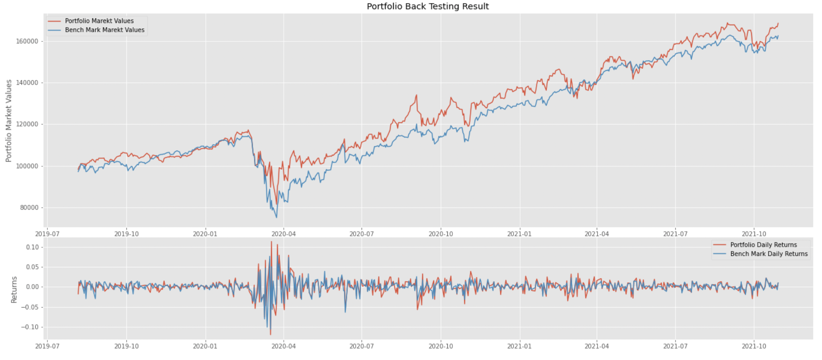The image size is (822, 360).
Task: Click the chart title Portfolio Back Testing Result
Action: tap(427, 7)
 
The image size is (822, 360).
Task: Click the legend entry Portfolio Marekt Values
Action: tap(99, 21)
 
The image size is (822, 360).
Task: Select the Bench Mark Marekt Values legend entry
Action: tap(105, 30)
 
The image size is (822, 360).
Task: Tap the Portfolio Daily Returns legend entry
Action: tap(763, 245)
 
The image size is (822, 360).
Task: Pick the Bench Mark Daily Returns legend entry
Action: tap(768, 254)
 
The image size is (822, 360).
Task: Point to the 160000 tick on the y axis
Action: tap(27, 41)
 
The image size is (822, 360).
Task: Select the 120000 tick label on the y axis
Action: tap(27, 124)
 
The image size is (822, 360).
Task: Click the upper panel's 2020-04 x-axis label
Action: tap(283, 234)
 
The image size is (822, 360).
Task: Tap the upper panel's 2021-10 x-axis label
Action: tap(754, 234)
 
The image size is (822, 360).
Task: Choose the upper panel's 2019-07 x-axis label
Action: tap(47, 234)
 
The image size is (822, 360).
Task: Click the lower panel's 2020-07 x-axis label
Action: tap(362, 346)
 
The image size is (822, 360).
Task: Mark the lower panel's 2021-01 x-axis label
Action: tap(519, 346)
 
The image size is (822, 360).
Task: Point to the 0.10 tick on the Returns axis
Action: tap(33, 247)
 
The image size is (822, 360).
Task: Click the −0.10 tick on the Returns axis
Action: tap(30, 327)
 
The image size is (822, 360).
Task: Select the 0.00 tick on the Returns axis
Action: tap(33, 287)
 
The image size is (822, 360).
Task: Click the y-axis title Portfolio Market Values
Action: tap(9, 121)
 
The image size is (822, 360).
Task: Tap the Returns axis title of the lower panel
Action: tap(14, 290)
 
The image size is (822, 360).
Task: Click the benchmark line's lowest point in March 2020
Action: tap(277, 218)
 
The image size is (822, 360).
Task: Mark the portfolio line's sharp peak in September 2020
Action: tap(416, 95)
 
